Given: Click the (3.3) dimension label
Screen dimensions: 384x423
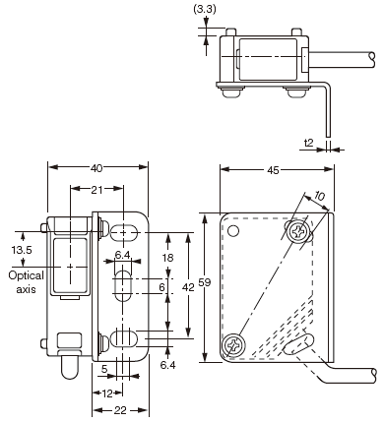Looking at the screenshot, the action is tap(205, 9).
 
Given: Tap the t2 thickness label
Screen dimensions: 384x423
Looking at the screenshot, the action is tap(309, 143).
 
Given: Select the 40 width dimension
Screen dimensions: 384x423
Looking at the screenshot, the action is tap(96, 168).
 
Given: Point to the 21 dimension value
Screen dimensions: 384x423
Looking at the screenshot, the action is tap(96, 190).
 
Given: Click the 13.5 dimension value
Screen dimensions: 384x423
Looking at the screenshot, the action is tap(22, 250).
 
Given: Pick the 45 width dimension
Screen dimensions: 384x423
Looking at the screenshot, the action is tap(273, 170).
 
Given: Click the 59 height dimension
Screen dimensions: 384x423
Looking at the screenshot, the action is tap(205, 282).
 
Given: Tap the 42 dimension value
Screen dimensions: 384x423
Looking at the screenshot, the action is tap(188, 287).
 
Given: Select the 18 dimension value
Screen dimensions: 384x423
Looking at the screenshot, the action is tap(167, 258).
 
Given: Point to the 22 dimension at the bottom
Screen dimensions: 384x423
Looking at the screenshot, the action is tap(120, 410).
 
